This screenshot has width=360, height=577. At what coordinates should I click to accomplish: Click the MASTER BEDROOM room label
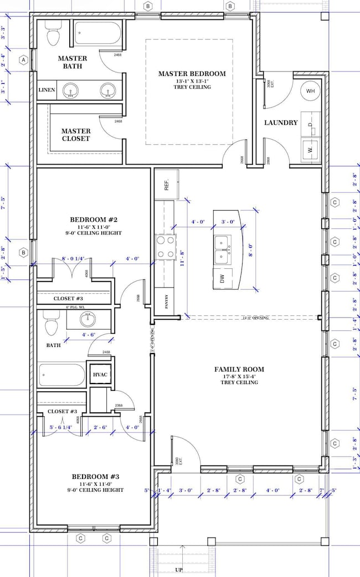tap(192, 74)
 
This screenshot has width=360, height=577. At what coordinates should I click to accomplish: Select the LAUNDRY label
tap(281, 122)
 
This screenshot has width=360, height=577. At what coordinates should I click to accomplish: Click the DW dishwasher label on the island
tap(223, 280)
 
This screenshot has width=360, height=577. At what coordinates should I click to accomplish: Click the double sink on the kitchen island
tap(224, 249)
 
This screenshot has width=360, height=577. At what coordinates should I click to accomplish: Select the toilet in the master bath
tap(53, 35)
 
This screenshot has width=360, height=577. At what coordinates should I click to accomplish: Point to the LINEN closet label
tap(47, 90)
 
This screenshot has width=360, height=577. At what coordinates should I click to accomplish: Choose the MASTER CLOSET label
tap(76, 135)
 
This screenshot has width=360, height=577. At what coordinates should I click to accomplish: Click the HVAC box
tap(100, 375)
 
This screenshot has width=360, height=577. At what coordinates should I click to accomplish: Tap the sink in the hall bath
tap(88, 319)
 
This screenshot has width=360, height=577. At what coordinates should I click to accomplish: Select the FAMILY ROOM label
tap(239, 369)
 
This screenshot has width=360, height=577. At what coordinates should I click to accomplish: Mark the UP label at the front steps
tap(178, 569)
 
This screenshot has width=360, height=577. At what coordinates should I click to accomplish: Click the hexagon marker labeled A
tap(23, 60)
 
